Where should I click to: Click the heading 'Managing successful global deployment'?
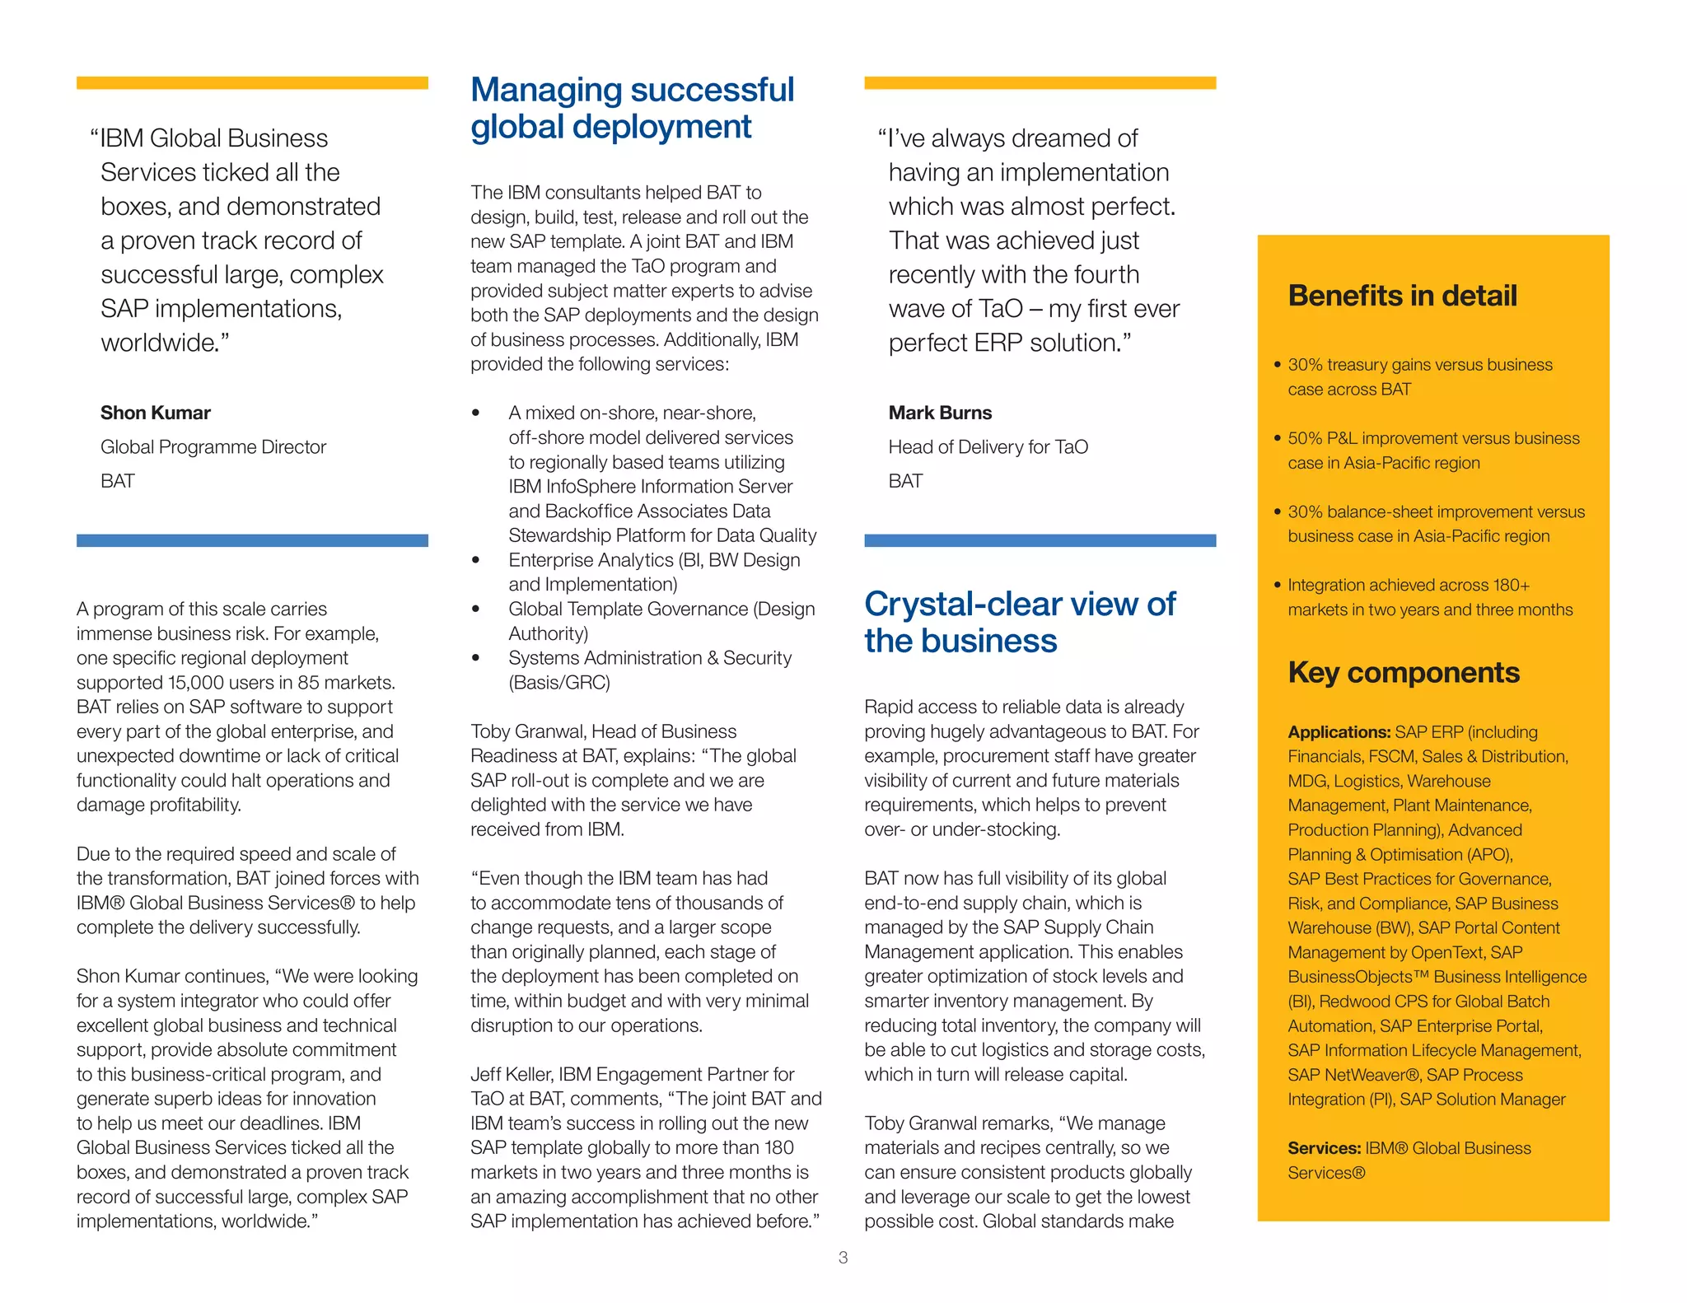632,108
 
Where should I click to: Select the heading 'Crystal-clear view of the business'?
1020,622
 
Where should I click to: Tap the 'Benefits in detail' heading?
1402,296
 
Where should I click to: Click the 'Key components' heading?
1403,672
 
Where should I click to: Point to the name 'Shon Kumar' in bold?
156,413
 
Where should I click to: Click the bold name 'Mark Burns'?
940,413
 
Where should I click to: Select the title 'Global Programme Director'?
213,447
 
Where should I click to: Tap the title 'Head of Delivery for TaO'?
988,447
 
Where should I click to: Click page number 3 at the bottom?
843,1258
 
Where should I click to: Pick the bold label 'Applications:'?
1339,732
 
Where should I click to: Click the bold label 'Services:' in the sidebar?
1324,1148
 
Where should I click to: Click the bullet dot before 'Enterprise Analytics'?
475,560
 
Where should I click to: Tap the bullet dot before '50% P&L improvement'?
1277,438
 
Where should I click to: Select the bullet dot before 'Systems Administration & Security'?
475,658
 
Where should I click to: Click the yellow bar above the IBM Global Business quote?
252,83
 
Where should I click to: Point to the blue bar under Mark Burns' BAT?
1040,540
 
